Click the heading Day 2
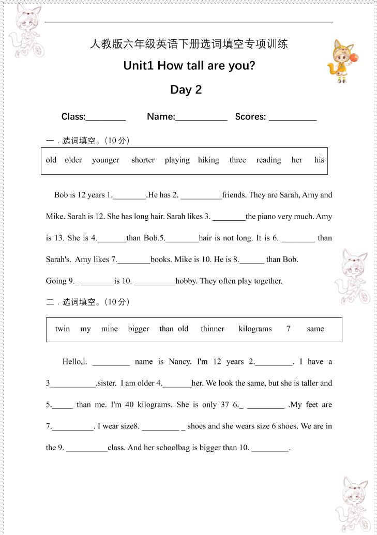(x=186, y=90)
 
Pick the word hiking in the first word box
(x=208, y=160)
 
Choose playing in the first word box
(x=177, y=160)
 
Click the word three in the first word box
(x=237, y=160)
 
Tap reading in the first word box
(x=268, y=160)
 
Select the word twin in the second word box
(x=63, y=329)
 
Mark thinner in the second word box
(x=213, y=329)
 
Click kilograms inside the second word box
(x=255, y=329)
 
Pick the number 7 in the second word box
(x=289, y=329)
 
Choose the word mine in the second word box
(x=110, y=329)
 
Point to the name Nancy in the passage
(x=180, y=362)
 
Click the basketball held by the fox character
(x=354, y=58)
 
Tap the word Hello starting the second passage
(x=72, y=362)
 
